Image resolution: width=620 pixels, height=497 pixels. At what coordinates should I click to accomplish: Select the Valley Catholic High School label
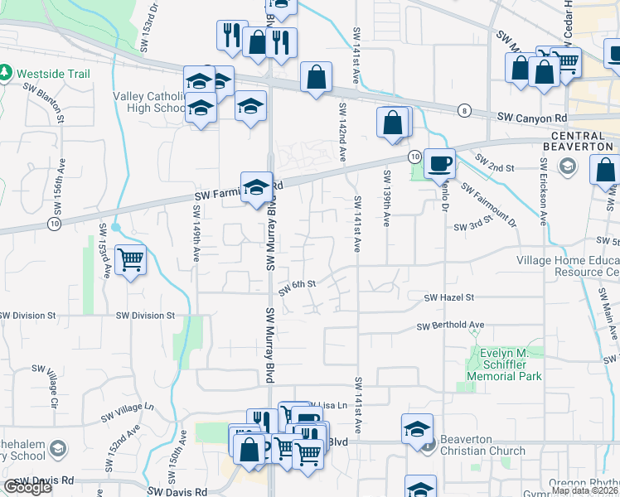[x=150, y=102]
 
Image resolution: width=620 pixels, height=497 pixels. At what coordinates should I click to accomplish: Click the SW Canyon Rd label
[x=532, y=118]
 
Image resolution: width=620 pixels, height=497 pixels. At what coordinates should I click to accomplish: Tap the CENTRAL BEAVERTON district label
[x=583, y=141]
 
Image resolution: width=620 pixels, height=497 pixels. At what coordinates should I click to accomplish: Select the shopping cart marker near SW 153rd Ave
[x=131, y=259]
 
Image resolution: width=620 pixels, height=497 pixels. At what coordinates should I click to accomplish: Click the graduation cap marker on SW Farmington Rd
[x=257, y=186]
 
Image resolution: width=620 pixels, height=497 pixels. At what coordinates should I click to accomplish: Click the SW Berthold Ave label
[x=450, y=326]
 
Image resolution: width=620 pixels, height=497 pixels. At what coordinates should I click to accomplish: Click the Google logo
[x=28, y=487]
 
